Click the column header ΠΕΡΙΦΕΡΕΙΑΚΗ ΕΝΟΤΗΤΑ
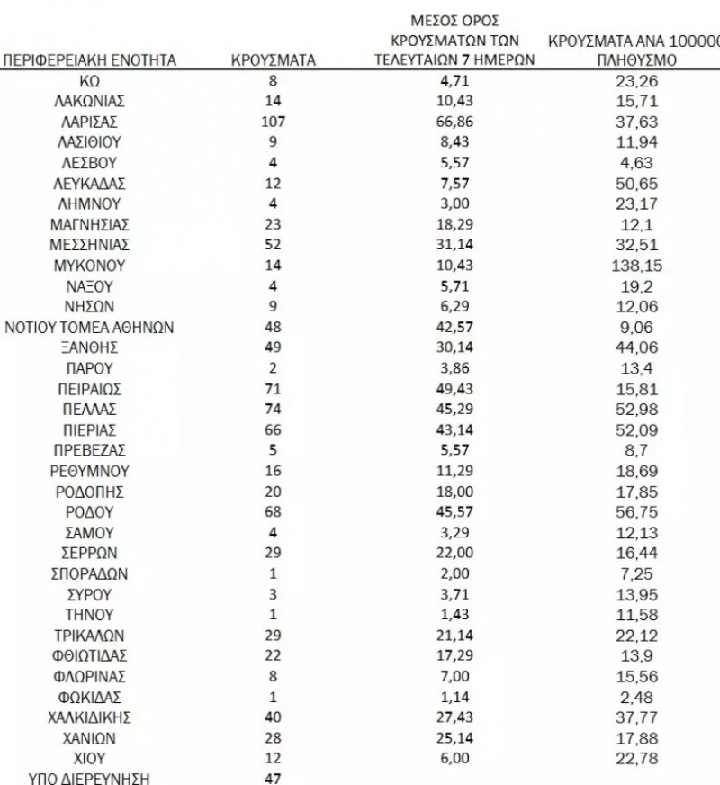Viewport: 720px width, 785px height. [89, 60]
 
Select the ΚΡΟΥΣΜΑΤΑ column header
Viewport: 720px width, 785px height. [273, 60]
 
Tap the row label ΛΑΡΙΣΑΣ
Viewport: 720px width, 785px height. [89, 122]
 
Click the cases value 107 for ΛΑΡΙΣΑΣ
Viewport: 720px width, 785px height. [273, 122]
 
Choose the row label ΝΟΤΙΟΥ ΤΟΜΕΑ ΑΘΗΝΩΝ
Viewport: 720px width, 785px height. [89, 327]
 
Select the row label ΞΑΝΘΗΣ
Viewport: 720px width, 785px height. [89, 347]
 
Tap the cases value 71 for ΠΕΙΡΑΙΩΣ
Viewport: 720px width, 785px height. [273, 389]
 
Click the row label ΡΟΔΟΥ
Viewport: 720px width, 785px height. [89, 512]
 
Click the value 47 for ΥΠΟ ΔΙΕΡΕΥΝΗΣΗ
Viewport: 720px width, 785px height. [273, 778]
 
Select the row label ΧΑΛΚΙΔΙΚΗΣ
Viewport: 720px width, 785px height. [89, 717]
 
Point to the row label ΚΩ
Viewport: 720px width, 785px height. [89, 80]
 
